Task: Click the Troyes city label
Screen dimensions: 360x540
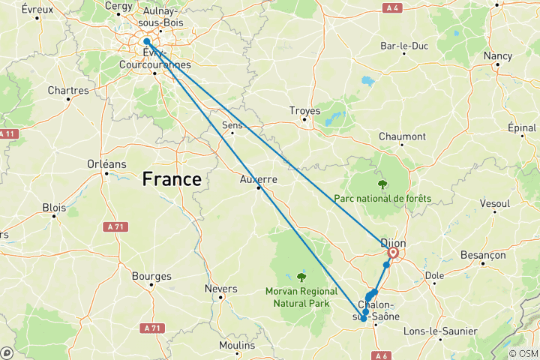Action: coord(304,110)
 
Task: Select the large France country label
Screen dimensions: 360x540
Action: coord(172,179)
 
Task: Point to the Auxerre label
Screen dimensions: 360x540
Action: coord(259,179)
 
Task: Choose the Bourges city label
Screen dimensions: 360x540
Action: coord(151,276)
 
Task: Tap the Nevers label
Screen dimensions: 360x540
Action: coord(221,289)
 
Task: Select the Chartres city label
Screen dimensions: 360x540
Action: coord(67,91)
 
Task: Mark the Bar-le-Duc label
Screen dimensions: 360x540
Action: coord(404,46)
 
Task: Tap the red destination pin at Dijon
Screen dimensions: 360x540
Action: coord(393,253)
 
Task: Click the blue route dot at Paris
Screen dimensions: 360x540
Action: coord(147,42)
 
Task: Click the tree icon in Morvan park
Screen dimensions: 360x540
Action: coord(302,276)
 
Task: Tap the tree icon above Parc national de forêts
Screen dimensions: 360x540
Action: coord(382,184)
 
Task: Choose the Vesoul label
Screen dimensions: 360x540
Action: coord(493,203)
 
